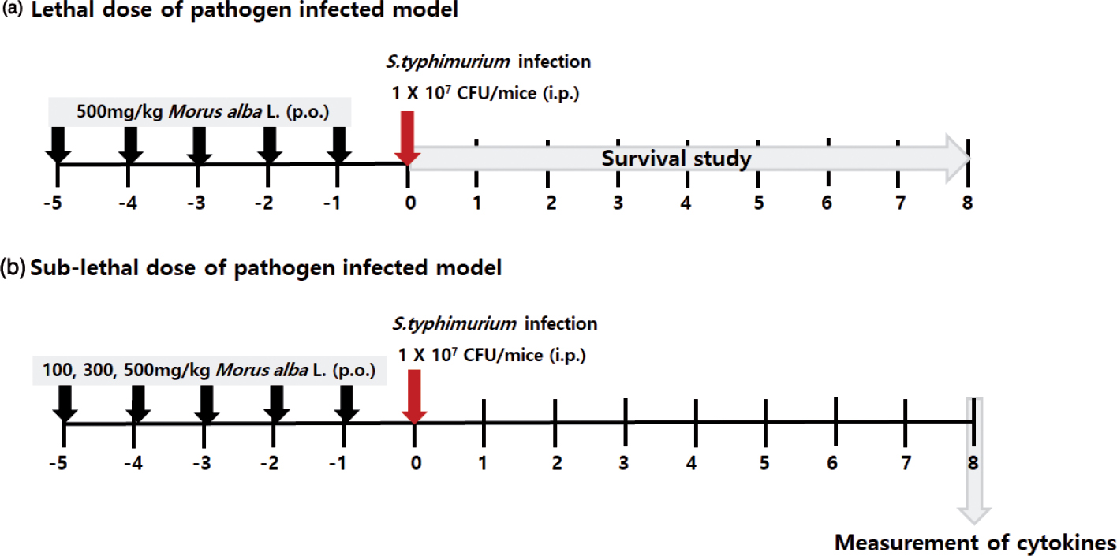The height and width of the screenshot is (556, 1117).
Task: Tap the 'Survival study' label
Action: click(677, 159)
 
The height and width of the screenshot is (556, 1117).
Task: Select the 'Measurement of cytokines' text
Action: click(976, 543)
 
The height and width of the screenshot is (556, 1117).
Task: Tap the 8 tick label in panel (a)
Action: click(968, 203)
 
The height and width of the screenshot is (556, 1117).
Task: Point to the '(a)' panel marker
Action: click(12, 10)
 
